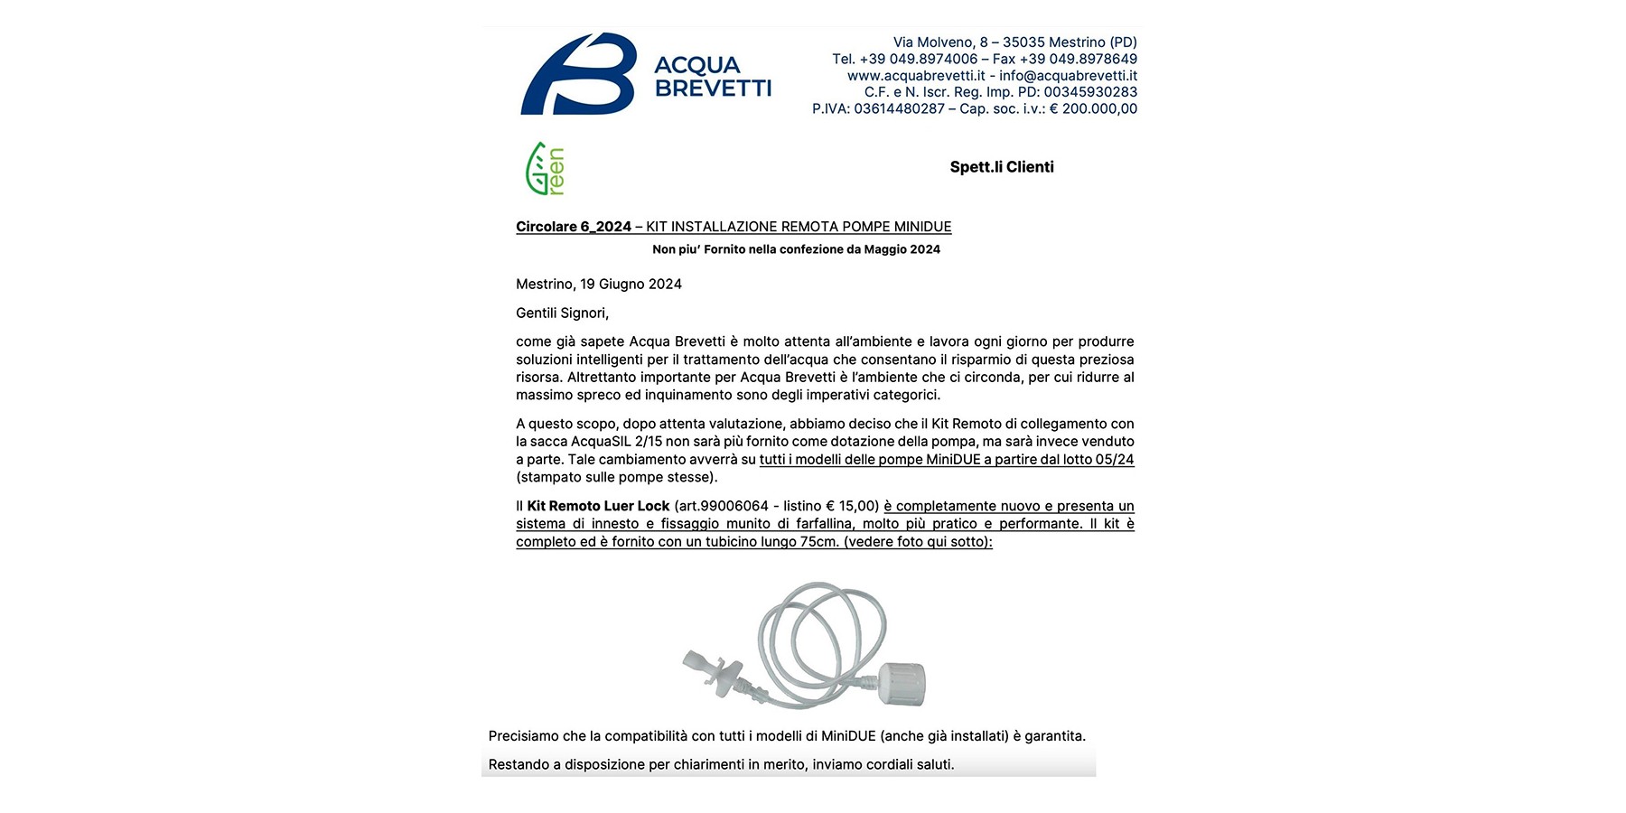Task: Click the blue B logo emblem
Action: tap(578, 74)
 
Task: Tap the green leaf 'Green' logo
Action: tap(545, 169)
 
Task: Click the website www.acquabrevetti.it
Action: tap(916, 76)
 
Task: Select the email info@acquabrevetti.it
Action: tap(1068, 76)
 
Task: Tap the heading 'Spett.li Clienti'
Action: tap(1002, 167)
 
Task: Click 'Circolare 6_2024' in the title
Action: tap(574, 227)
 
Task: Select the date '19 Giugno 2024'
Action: tap(631, 285)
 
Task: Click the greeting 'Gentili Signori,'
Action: tap(562, 313)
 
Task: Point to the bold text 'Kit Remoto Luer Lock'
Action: tap(598, 506)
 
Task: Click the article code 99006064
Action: tap(734, 506)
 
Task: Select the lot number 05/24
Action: tap(1115, 460)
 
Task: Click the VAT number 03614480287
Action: tap(899, 109)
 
